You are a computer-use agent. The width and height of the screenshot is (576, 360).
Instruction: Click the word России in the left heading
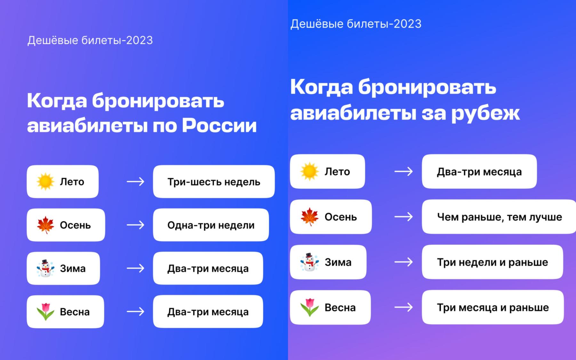click(219, 125)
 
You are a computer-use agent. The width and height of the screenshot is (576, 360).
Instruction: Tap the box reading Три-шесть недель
click(214, 181)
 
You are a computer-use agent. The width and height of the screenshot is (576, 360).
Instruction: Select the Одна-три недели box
click(211, 225)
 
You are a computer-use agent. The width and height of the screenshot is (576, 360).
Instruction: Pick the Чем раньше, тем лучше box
click(499, 217)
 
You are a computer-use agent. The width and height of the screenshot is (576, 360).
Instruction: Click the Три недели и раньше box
click(492, 262)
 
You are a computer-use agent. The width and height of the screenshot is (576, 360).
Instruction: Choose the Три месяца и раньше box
click(493, 307)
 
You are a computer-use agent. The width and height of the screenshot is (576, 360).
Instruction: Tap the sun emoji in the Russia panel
click(45, 181)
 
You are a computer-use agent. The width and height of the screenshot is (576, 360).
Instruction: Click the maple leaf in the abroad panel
click(309, 217)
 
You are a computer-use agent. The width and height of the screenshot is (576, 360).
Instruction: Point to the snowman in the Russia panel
click(45, 268)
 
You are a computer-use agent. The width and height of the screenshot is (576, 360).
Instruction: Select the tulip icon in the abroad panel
click(309, 307)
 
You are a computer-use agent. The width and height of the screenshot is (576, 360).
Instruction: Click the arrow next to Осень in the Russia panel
click(135, 225)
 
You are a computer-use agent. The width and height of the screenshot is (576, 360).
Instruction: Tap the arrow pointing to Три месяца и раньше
click(404, 307)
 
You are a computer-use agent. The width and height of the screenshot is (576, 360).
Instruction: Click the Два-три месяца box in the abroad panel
click(479, 172)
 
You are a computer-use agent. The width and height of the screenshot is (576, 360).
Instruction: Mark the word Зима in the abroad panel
click(338, 262)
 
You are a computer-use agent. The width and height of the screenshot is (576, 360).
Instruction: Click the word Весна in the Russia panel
click(75, 312)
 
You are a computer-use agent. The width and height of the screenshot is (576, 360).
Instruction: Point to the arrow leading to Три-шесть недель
click(135, 181)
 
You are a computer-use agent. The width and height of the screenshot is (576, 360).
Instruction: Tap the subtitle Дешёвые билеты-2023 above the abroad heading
click(356, 24)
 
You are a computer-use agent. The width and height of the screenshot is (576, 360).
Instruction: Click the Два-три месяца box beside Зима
click(208, 268)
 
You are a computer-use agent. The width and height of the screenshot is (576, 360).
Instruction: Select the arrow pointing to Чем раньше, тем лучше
click(404, 217)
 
